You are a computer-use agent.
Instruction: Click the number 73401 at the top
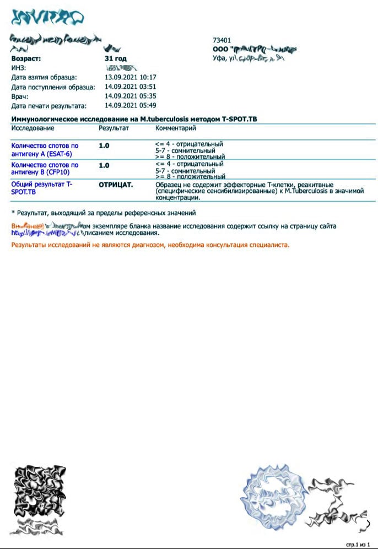coord(222,40)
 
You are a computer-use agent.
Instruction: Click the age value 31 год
coord(115,58)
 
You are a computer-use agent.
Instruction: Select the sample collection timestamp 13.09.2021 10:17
coord(131,78)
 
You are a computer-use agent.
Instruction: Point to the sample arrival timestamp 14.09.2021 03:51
coord(131,87)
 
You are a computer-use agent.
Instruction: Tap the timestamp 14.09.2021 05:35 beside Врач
coord(131,96)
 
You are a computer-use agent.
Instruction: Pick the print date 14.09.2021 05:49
coord(131,105)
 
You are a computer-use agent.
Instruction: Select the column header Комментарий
coord(176,128)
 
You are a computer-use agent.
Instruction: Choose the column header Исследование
coord(33,128)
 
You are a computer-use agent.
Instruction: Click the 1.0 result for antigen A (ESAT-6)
coord(104,146)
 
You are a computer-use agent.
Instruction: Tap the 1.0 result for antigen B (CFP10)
coord(104,165)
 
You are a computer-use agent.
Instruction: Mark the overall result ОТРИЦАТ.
coord(116,185)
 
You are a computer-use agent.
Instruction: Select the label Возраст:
coord(26,58)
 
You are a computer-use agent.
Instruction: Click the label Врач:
coord(20,96)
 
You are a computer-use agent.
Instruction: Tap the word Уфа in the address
coord(219,58)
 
